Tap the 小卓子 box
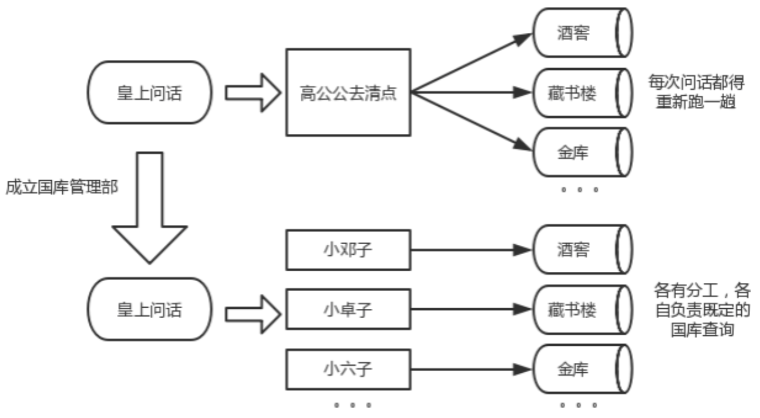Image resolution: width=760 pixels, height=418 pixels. (348, 309)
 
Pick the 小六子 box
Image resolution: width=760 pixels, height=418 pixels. (348, 369)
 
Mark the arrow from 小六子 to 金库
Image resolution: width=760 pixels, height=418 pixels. (470, 369)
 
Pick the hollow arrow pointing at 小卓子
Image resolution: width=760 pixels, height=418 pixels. (251, 309)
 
